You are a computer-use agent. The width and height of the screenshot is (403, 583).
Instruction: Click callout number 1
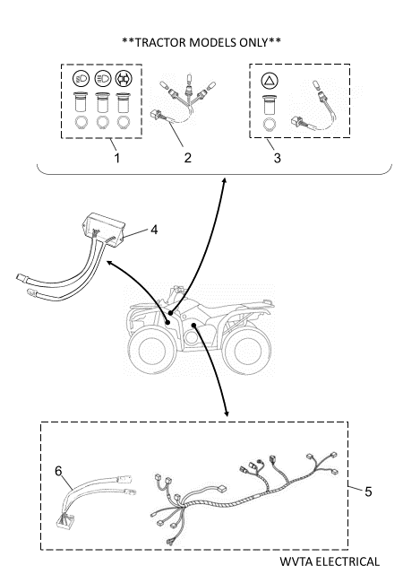click(x=117, y=159)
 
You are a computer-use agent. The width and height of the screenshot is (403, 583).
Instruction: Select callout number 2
click(x=188, y=158)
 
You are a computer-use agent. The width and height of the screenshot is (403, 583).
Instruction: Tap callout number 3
click(x=278, y=158)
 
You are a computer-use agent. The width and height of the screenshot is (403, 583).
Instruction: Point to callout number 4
click(x=154, y=230)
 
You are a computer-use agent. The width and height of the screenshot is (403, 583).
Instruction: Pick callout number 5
click(x=368, y=492)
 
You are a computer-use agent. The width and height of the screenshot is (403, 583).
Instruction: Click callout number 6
click(x=58, y=471)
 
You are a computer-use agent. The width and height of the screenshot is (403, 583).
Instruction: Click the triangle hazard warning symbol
click(x=270, y=81)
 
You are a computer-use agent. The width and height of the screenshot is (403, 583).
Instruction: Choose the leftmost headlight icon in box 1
click(x=81, y=78)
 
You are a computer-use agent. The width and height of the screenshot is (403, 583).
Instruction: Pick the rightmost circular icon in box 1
click(x=124, y=78)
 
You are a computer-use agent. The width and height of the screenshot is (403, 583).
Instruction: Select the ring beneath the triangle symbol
click(x=270, y=125)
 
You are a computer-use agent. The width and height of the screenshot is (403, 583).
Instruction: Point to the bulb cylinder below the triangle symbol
click(x=270, y=105)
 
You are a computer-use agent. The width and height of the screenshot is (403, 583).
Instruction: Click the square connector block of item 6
click(x=65, y=522)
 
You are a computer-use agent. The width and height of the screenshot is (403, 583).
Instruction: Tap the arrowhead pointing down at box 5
click(x=227, y=413)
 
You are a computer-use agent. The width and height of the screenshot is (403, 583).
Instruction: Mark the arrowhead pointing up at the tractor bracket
click(x=224, y=180)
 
